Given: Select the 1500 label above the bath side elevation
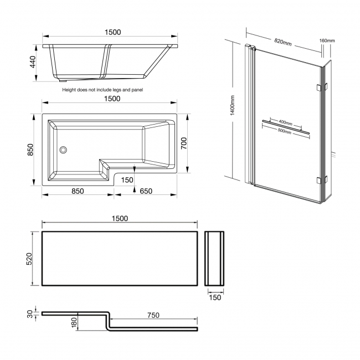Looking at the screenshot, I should coord(112,33).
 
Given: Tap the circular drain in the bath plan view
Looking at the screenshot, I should coord(63,149).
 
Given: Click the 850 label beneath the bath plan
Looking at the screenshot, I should coord(77,192).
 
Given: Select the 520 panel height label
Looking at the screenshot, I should coord(32,259).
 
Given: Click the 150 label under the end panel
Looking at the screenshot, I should coord(215,297).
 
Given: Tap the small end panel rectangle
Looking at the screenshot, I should coord(215,259).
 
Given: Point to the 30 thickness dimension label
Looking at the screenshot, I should coord(31,313).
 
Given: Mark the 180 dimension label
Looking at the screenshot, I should coord(74,323).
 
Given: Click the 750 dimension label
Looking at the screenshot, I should coord(153,315).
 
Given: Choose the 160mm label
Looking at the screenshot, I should coord(327,40).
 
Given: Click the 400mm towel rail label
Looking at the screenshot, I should coord(286,121).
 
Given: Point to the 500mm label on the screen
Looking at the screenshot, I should coord(286,131).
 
